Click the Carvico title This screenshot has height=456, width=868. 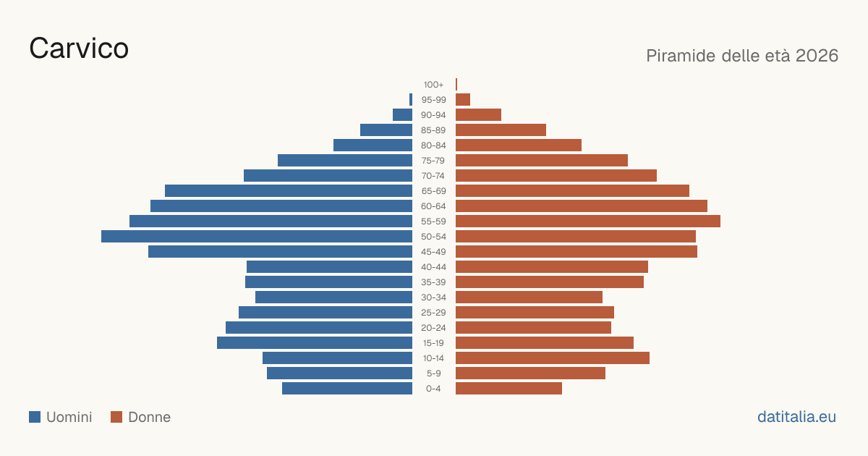tap(79, 48)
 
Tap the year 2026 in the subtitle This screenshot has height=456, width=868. tap(817, 56)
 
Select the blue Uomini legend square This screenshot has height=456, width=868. tap(35, 417)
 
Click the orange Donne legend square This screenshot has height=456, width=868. tap(116, 417)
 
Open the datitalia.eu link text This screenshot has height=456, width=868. tap(796, 417)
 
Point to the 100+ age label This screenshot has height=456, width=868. tap(433, 85)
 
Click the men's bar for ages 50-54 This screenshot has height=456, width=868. tap(257, 237)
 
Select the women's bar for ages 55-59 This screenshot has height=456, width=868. tap(588, 221)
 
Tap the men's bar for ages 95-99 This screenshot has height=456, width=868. tap(411, 100)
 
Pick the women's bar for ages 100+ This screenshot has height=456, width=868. tap(456, 85)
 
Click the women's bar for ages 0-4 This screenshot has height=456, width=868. tap(509, 389)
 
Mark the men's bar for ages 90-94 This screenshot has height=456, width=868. tap(403, 115)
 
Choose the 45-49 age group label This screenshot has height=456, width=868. tap(433, 252)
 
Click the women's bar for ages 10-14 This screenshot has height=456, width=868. tap(553, 358)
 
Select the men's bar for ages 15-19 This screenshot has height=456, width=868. tap(315, 343)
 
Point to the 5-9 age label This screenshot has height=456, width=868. tap(433, 373)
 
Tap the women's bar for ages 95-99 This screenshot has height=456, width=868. tap(463, 100)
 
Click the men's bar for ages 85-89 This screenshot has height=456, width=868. tap(386, 130)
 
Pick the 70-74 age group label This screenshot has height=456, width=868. tap(433, 176)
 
